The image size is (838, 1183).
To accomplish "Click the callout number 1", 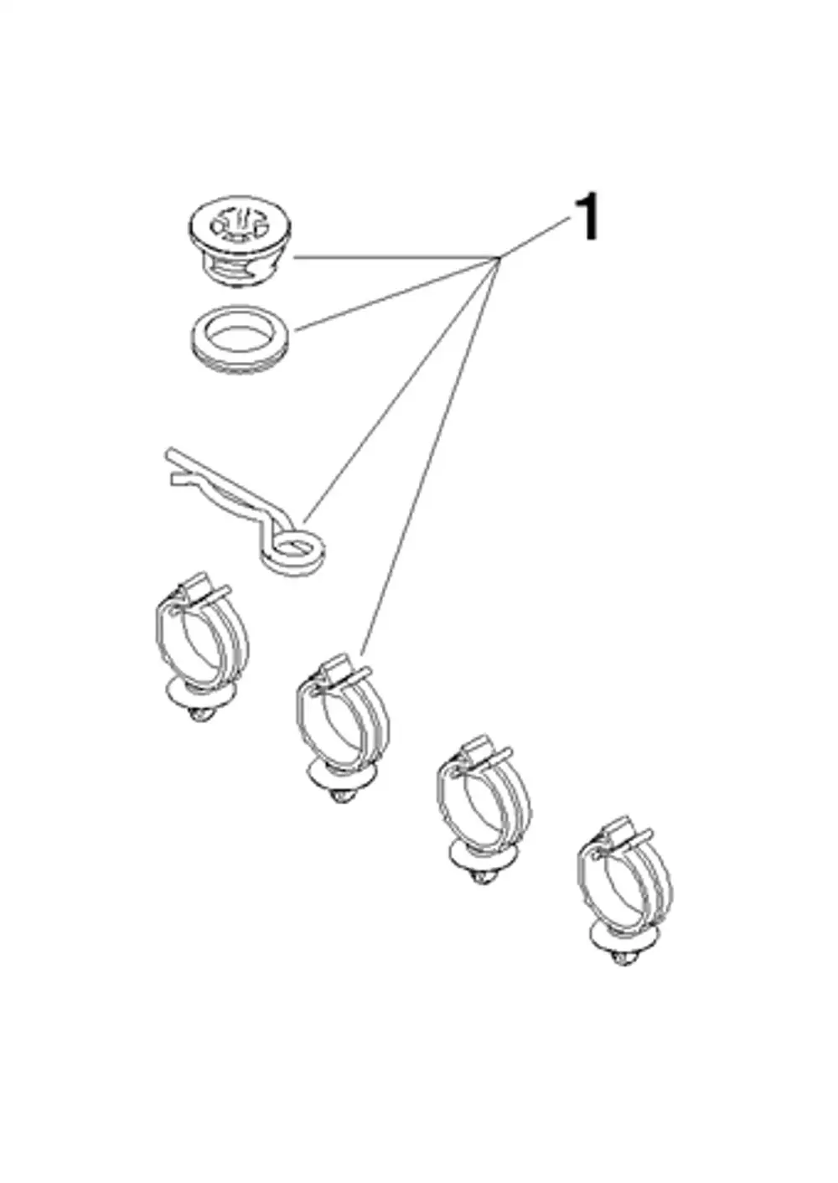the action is (586, 217).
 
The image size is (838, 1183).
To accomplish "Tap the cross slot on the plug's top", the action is (240, 227).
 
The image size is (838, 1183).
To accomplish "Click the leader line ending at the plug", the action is (397, 258).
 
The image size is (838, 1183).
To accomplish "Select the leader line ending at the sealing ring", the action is (397, 293).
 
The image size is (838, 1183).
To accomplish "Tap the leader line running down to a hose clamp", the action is (431, 456).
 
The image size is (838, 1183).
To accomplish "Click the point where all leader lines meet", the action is (499, 258).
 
